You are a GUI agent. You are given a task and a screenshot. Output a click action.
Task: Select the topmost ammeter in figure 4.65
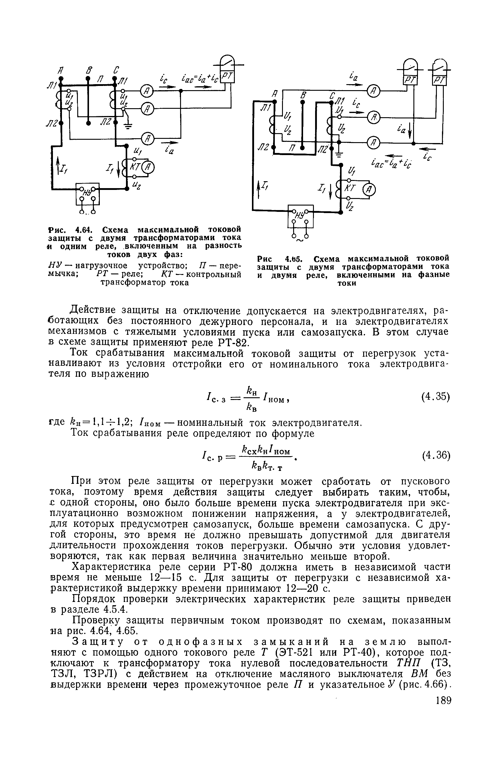click(373, 92)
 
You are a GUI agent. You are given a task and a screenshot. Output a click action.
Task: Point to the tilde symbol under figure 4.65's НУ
click(300, 239)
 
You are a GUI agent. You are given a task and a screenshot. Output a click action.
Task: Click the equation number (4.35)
click(435, 397)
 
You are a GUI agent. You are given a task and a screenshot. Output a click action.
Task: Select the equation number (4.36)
click(435, 455)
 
